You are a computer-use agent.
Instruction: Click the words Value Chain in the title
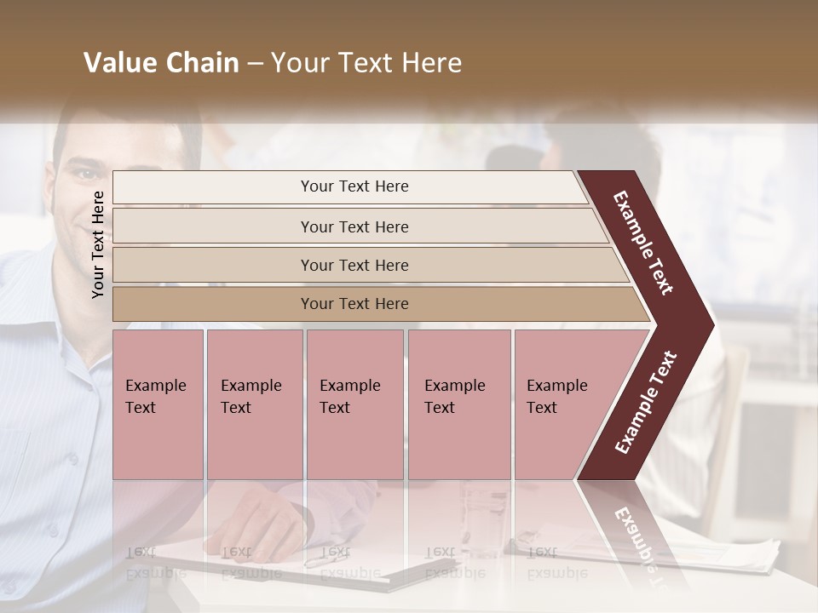(x=161, y=63)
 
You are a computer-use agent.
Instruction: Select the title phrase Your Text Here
(x=366, y=63)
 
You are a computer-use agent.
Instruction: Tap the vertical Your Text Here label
(x=98, y=244)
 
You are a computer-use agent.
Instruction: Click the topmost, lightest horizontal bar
(x=354, y=186)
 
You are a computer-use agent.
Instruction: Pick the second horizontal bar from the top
(x=354, y=226)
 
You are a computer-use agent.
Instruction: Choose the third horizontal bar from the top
(x=354, y=265)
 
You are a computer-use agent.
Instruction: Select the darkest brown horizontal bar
(x=354, y=304)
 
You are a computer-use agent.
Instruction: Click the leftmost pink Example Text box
(x=158, y=404)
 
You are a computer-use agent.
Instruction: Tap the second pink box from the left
(x=254, y=404)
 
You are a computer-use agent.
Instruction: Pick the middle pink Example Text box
(x=354, y=404)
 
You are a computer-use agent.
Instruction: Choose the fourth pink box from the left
(x=458, y=404)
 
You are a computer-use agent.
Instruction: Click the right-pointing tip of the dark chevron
(x=707, y=324)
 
